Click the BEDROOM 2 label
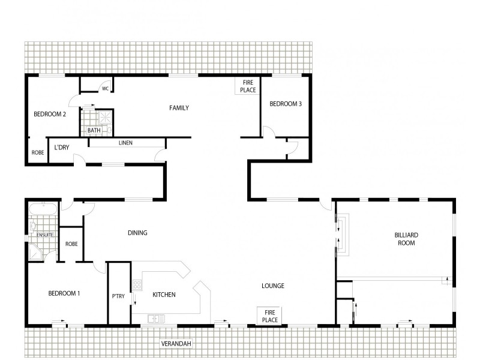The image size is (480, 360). pyautogui.click(x=49, y=114)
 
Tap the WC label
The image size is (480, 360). pyautogui.click(x=105, y=89)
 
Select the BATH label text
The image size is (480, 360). pyautogui.click(x=94, y=130)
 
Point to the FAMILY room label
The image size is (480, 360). pyautogui.click(x=179, y=108)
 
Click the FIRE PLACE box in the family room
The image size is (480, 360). pyautogui.click(x=248, y=86)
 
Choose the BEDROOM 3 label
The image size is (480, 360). pyautogui.click(x=285, y=104)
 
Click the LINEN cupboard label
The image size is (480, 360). pyautogui.click(x=125, y=143)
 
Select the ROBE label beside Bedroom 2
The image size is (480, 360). pyautogui.click(x=37, y=153)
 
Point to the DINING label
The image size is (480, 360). pyautogui.click(x=137, y=233)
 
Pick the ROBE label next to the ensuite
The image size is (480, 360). pyautogui.click(x=71, y=244)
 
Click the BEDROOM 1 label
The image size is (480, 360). pyautogui.click(x=64, y=293)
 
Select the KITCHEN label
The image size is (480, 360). pyautogui.click(x=164, y=295)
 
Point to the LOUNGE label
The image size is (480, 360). pyautogui.click(x=273, y=286)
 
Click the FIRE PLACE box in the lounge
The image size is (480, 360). pyautogui.click(x=270, y=316)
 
